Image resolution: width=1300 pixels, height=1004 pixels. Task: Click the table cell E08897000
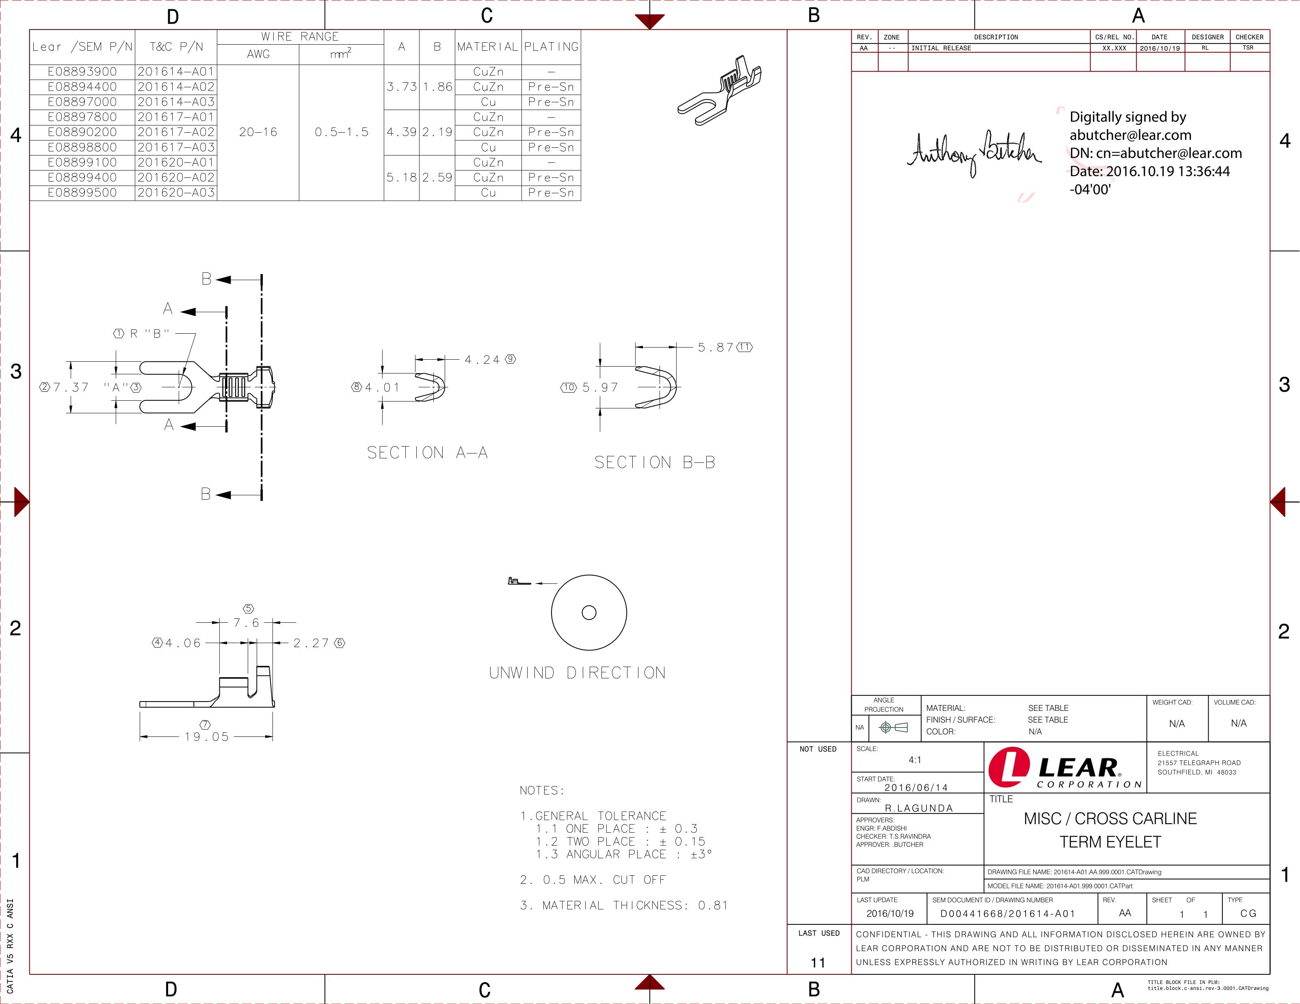point(82,102)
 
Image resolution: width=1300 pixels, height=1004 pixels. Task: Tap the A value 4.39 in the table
point(402,132)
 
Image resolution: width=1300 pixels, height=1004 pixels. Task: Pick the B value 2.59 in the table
point(437,177)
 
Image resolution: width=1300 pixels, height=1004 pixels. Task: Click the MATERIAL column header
point(487,46)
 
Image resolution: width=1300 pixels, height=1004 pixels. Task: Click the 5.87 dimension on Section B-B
point(716,347)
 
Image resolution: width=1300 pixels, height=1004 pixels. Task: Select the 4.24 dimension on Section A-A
point(482,359)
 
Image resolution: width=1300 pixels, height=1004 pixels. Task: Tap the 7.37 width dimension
point(71,387)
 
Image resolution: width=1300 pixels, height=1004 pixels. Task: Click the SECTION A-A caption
point(427,453)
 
